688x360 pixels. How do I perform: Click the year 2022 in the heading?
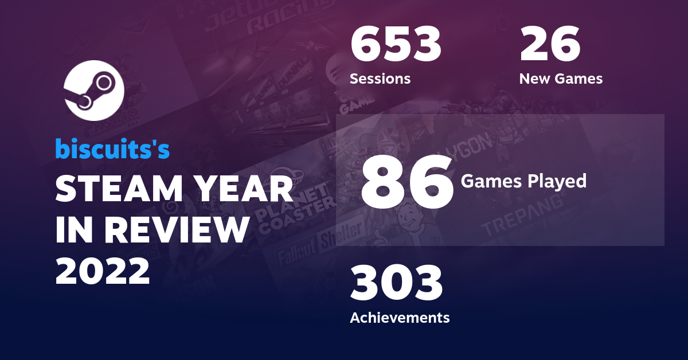point(103,271)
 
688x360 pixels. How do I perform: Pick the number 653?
point(396,45)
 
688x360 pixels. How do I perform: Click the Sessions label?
point(380,79)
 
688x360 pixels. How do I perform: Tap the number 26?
point(550,45)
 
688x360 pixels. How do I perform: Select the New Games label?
point(561,79)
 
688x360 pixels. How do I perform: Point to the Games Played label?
point(523,181)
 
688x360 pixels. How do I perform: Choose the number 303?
point(396,284)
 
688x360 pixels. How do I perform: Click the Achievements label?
point(400,317)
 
